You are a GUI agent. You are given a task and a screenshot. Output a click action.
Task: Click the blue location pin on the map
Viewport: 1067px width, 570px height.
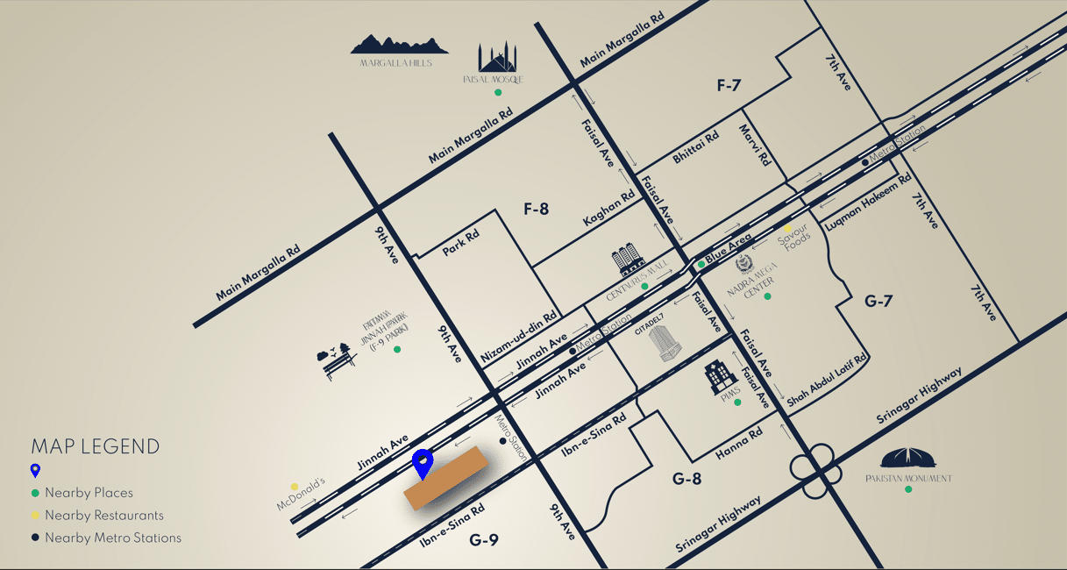423,462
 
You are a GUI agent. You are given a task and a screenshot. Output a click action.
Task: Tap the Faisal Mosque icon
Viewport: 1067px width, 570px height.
497,58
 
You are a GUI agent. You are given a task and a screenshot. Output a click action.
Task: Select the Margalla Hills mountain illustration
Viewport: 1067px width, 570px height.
399,45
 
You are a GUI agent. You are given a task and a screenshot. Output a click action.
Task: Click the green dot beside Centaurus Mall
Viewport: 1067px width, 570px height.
644,286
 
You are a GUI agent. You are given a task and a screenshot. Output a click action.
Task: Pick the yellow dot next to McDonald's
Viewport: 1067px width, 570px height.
295,487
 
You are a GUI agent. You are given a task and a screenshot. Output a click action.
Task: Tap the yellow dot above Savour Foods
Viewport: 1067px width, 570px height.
788,228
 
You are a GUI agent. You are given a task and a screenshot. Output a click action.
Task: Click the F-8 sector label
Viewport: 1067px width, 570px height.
536,209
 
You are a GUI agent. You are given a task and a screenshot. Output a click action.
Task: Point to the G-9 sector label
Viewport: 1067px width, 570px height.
483,540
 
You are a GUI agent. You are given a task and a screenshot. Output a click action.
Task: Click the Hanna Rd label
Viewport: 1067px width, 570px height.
739,440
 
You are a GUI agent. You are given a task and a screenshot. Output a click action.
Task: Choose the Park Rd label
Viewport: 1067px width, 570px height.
460,243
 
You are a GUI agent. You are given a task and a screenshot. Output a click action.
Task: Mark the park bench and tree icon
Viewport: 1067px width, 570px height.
338,360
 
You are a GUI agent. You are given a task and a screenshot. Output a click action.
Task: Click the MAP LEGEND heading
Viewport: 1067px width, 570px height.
96,446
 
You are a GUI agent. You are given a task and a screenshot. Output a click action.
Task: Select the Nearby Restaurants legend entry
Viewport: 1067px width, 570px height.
103,516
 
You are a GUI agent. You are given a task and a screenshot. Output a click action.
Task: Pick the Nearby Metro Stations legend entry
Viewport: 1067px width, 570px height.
112,538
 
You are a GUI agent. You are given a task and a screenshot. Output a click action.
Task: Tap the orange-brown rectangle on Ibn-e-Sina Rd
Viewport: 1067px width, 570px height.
445,477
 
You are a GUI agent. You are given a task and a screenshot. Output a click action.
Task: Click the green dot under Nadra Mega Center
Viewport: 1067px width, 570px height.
767,296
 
